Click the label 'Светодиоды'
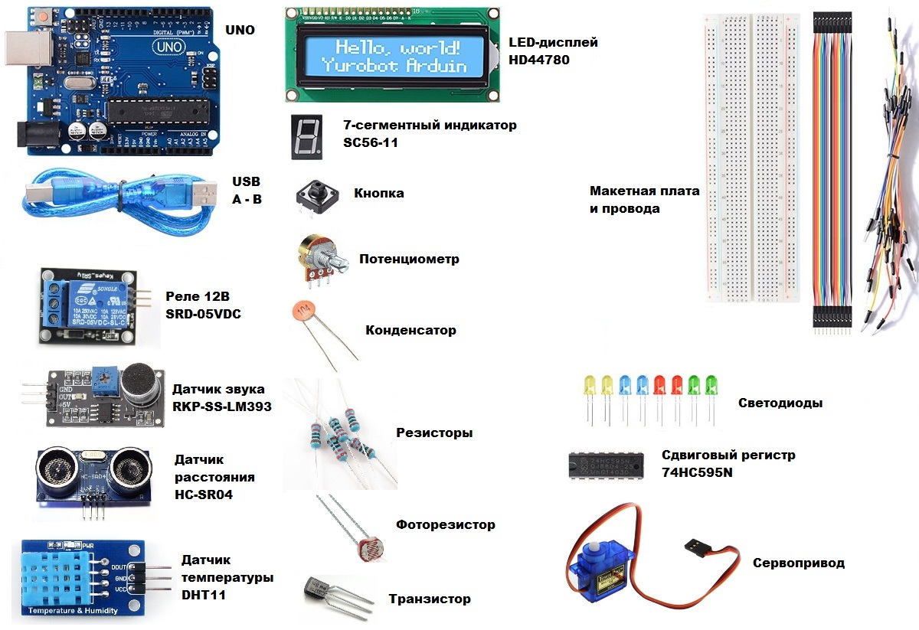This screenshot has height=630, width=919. [x=780, y=403]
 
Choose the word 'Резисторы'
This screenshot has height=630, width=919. [x=434, y=433]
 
